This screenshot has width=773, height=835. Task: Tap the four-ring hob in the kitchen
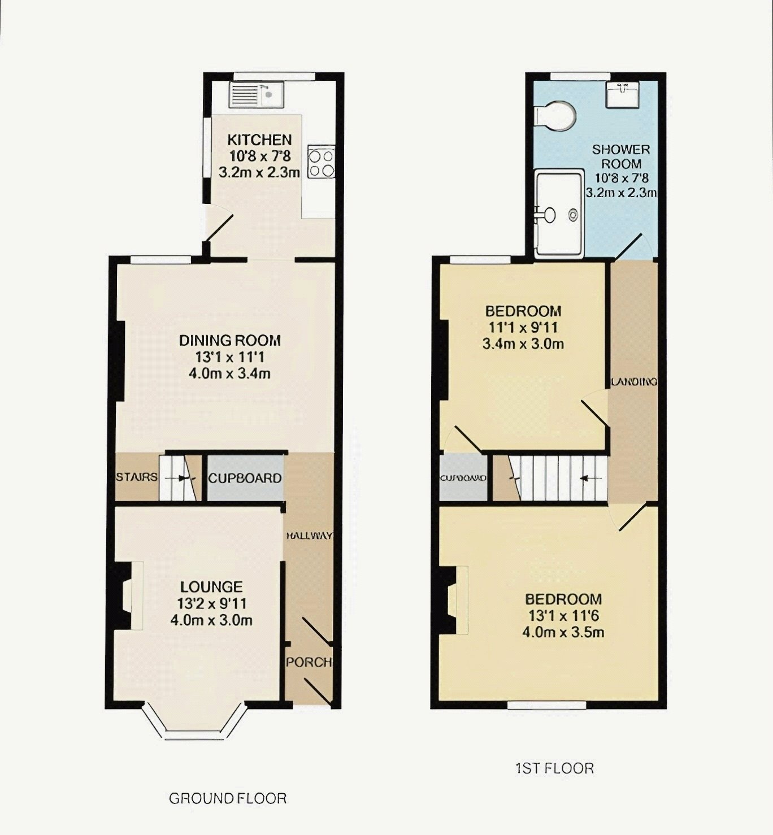[320, 162]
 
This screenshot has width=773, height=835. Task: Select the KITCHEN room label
[259, 140]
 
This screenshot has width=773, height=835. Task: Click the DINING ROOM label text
[230, 340]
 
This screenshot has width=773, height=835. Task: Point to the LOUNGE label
[211, 587]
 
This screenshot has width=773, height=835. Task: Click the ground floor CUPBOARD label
[245, 479]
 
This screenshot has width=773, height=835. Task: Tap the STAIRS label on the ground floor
[136, 477]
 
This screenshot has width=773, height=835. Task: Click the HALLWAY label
[309, 536]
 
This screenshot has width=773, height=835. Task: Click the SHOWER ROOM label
[621, 156]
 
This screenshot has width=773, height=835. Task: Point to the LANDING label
[634, 382]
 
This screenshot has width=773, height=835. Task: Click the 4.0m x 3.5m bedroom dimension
[563, 632]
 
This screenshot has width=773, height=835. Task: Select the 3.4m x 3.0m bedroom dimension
[523, 343]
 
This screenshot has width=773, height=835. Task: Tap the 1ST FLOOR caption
[554, 768]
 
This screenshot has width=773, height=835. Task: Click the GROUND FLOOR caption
[228, 798]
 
